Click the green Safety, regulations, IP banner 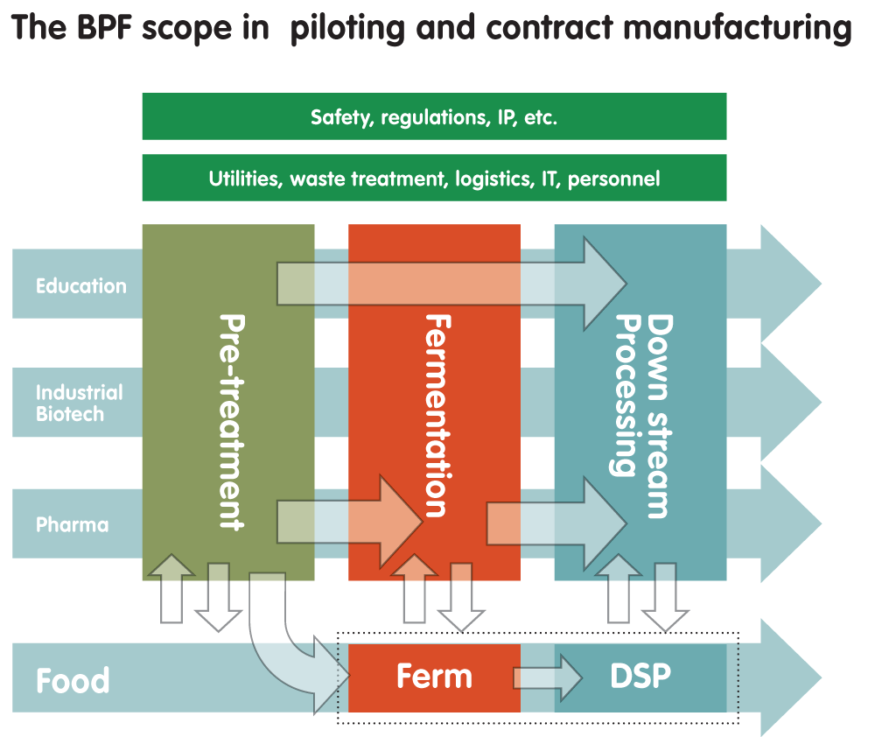click(x=434, y=116)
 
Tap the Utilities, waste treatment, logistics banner click(x=434, y=179)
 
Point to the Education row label click(x=80, y=286)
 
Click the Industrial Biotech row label click(x=79, y=403)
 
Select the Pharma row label click(x=72, y=525)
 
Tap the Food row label click(x=73, y=680)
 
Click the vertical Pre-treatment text click(x=229, y=420)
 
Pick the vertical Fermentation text click(x=435, y=415)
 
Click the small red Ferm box click(x=434, y=677)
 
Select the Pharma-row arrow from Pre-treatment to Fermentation click(x=350, y=520)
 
